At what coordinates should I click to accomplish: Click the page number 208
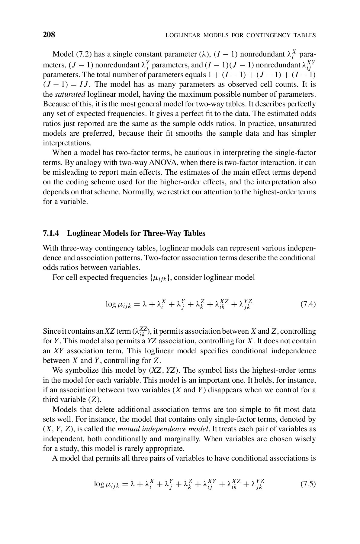coord(49,35)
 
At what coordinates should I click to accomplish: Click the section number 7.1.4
coord(52,233)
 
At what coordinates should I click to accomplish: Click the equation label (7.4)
coord(308,304)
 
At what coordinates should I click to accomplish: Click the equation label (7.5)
coord(308,484)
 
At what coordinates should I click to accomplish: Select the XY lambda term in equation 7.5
coord(210,484)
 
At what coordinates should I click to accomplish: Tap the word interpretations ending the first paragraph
coord(67,143)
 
